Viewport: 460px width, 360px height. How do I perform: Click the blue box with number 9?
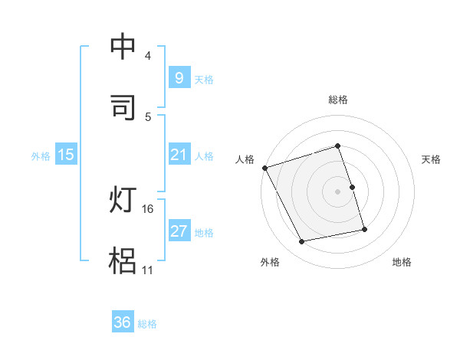[179, 78]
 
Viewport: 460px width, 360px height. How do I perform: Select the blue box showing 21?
[179, 155]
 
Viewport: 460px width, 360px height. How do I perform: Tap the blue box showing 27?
[179, 231]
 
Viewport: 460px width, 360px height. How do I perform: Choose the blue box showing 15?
[66, 155]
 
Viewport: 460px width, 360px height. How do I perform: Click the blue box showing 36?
[123, 323]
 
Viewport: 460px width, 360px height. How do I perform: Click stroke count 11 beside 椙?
[147, 270]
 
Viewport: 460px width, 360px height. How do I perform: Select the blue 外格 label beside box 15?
[41, 155]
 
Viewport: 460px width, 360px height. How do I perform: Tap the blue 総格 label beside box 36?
[147, 324]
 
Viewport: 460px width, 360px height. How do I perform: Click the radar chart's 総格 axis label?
[338, 100]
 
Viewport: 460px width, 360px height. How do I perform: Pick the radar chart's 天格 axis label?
[432, 159]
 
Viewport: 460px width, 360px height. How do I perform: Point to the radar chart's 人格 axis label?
[245, 159]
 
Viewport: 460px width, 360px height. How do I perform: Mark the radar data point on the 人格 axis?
[264, 168]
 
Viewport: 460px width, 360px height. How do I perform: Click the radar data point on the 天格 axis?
[352, 187]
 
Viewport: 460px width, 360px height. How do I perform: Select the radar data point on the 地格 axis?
[364, 229]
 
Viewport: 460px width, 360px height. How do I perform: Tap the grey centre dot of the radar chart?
[338, 191]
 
